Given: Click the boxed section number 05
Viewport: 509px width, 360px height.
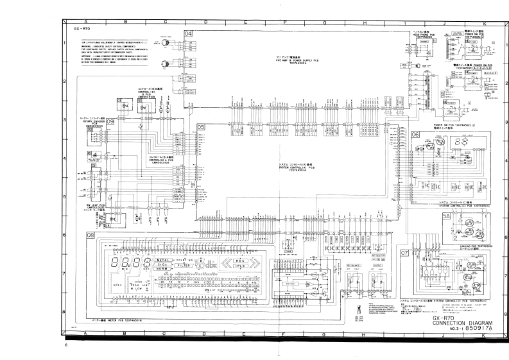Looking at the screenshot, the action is [x=201, y=127].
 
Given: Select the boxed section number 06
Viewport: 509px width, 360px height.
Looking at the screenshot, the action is [x=415, y=134].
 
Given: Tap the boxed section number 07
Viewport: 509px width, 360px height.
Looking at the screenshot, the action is [x=404, y=253].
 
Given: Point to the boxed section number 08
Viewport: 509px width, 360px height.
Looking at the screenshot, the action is [x=91, y=236].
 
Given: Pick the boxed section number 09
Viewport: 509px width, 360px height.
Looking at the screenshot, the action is [x=110, y=121].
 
